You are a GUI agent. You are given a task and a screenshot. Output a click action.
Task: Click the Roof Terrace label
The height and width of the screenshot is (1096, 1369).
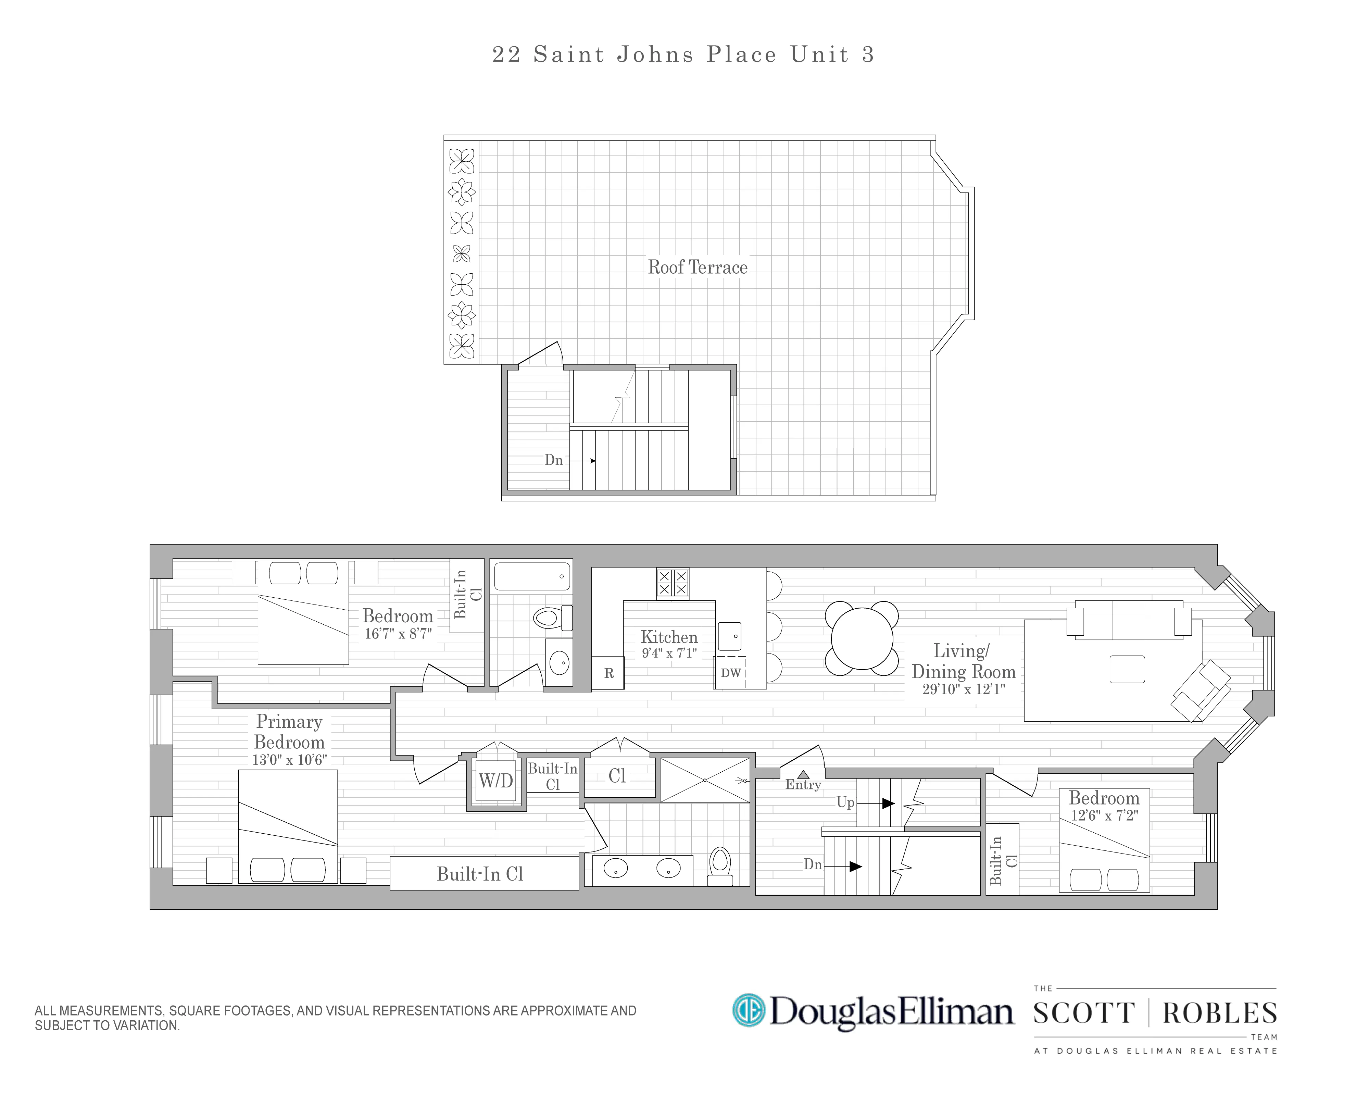coord(697,267)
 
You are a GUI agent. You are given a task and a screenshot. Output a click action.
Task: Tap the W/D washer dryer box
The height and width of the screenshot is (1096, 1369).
coord(495,781)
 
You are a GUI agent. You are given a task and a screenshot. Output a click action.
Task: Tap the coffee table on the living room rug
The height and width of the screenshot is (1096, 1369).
coord(1127,669)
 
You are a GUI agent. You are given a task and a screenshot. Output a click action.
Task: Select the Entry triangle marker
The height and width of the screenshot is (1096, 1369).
coord(803,774)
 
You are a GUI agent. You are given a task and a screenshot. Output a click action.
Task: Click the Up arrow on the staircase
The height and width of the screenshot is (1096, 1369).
coord(888,803)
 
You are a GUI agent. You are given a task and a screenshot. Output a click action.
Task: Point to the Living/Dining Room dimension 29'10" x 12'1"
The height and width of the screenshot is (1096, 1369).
coord(963,689)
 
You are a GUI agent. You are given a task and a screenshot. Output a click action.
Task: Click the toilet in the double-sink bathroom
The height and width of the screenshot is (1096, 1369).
coord(720,866)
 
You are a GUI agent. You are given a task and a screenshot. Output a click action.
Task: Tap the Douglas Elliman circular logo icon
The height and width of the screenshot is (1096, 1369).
coord(749,1010)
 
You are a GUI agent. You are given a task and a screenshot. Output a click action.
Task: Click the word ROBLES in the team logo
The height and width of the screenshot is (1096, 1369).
coord(1219,1013)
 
